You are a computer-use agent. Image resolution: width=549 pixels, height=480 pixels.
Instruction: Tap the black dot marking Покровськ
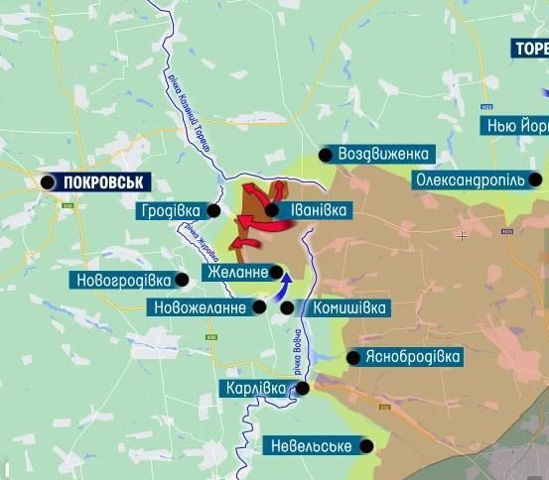click(48, 181)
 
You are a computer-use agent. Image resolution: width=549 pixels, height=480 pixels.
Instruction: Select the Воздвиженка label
click(383, 154)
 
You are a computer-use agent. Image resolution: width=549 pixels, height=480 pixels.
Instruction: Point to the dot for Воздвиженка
click(325, 154)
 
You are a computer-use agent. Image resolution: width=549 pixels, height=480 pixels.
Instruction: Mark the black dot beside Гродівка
click(214, 210)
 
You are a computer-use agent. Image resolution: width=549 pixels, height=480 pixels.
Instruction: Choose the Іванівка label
click(319, 210)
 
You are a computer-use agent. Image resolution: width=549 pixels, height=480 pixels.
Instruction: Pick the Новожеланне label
click(199, 307)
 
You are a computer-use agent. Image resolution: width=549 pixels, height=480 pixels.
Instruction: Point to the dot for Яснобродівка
click(354, 357)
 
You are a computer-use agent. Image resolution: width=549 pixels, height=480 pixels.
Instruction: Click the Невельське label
click(311, 446)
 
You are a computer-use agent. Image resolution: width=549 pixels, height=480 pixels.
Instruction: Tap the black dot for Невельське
click(367, 446)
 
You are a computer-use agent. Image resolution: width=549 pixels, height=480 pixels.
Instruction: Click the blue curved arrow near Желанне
click(285, 285)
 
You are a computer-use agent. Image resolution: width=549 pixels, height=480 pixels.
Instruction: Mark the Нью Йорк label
click(515, 126)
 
